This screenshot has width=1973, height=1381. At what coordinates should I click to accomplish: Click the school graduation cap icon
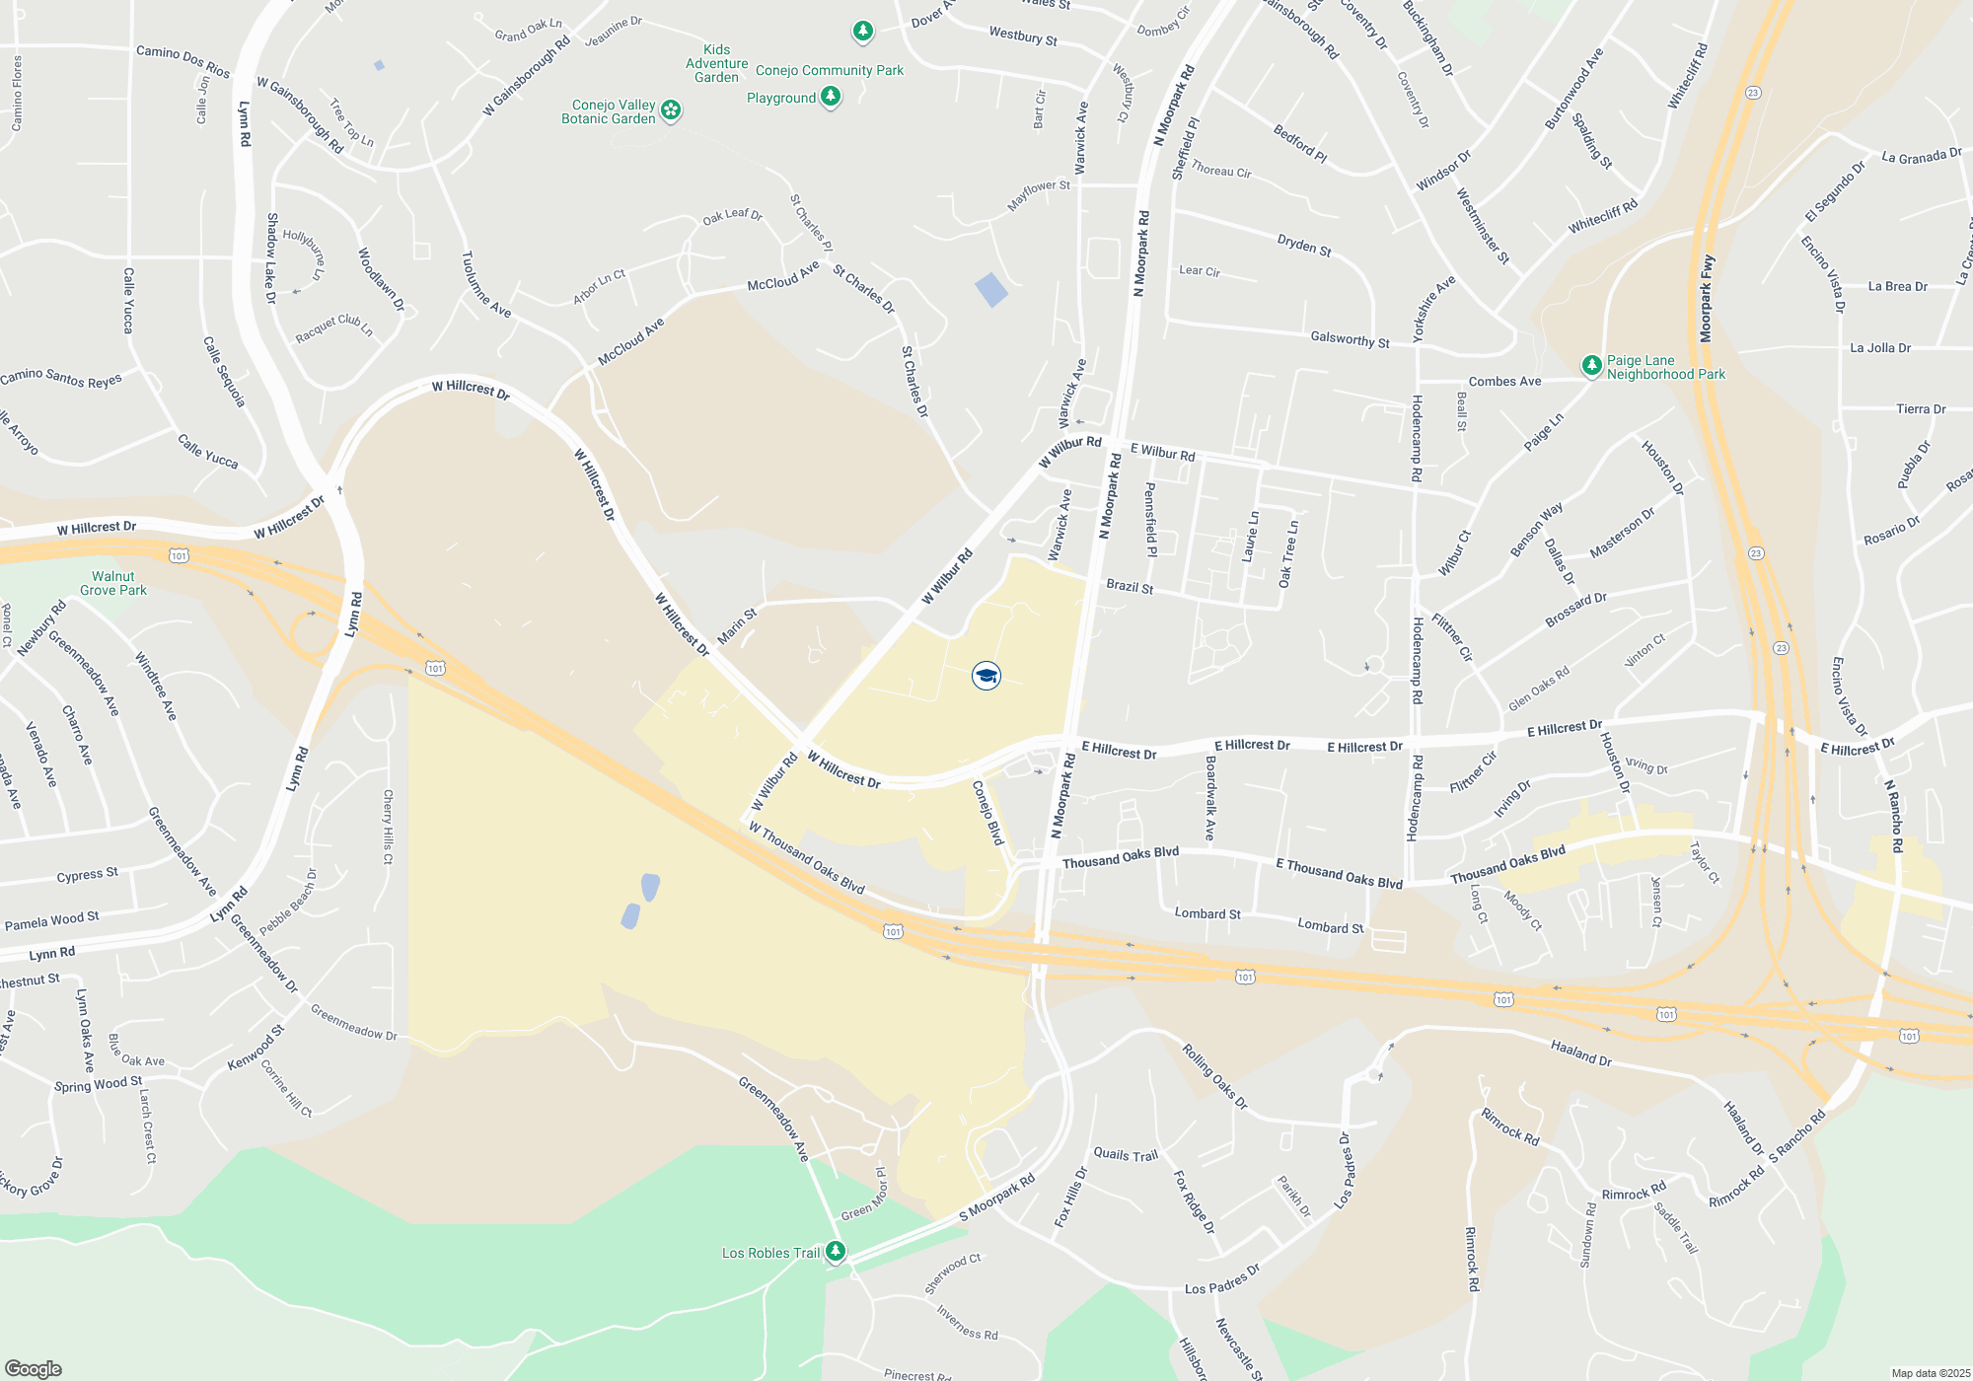986,676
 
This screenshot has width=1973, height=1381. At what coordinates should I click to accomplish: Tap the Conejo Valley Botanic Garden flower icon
671,109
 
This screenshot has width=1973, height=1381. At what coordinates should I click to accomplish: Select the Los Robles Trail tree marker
836,1251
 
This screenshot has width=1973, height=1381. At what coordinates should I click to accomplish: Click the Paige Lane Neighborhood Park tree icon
1591,366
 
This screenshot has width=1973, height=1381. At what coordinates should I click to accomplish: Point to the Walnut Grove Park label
113,583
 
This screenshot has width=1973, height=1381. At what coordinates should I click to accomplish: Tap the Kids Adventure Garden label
716,63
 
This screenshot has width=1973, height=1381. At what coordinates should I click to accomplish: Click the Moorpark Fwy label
1708,299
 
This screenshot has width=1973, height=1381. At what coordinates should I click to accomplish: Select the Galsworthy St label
1350,339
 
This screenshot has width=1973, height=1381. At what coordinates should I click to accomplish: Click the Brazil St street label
1130,586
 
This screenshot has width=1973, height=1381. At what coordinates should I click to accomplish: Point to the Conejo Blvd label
987,813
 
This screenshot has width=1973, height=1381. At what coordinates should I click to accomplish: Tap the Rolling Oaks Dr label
1215,1076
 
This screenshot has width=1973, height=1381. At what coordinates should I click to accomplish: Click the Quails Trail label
1126,1154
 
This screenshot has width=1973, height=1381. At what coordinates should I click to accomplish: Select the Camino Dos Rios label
183,61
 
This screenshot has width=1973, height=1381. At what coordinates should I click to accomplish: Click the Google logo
34,1369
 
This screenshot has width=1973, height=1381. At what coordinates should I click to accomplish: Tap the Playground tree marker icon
831,96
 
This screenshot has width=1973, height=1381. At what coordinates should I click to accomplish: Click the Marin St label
737,626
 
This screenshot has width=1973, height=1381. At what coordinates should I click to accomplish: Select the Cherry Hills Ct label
388,827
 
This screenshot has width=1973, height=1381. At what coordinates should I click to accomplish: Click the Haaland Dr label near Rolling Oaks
1580,1053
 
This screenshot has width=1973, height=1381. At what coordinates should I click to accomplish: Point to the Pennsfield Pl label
1150,519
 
